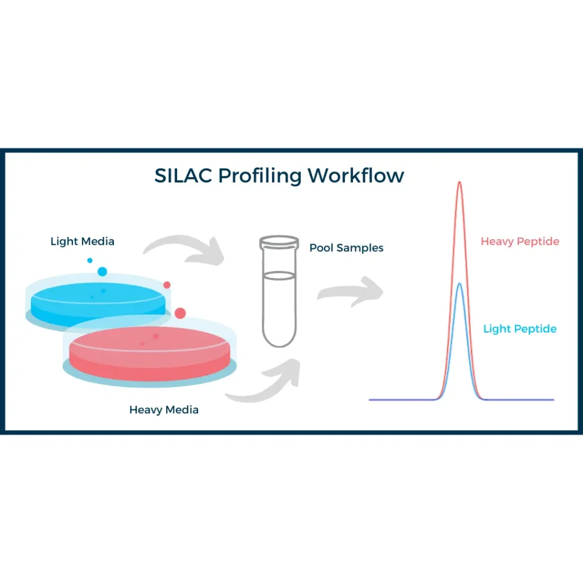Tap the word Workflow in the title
click(356, 175)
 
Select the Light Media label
click(83, 241)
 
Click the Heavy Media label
click(164, 409)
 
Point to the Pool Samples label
click(346, 248)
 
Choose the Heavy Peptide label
click(520, 241)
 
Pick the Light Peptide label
click(520, 329)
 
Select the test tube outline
click(279, 307)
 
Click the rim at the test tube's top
click(279, 241)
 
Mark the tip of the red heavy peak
click(460, 182)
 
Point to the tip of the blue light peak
click(460, 284)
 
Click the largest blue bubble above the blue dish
click(102, 272)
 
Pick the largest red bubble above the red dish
click(180, 313)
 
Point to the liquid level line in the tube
click(279, 276)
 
